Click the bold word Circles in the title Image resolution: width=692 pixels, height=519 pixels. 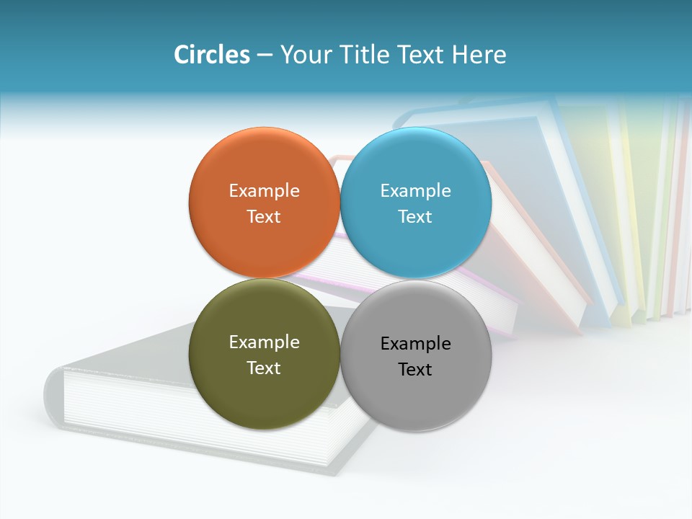[211, 55]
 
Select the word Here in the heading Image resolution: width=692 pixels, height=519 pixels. [479, 55]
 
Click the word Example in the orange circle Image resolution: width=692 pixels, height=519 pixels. [264, 191]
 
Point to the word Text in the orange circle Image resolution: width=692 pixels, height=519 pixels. [264, 217]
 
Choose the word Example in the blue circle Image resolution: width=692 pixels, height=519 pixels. [416, 191]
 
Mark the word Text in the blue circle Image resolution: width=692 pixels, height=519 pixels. [416, 217]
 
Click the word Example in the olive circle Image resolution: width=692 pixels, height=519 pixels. [264, 342]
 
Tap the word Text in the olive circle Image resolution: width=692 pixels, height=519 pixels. [264, 368]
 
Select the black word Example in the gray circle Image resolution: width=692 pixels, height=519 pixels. [416, 344]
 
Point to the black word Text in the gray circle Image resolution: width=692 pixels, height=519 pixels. [416, 370]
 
